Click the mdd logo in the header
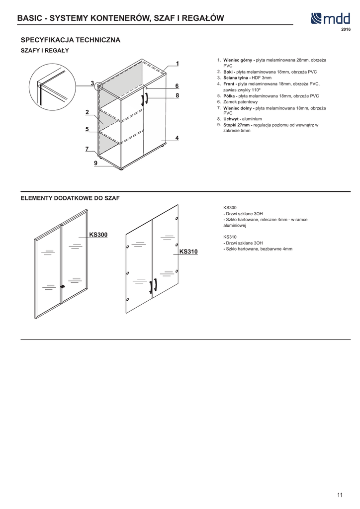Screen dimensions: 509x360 tap(331, 19)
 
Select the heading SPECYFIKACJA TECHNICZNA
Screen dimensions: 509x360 tap(70, 40)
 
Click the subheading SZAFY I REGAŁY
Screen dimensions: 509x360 tap(44, 51)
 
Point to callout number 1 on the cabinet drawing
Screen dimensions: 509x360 tap(177, 64)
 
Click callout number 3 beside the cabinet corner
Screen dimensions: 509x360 tap(92, 83)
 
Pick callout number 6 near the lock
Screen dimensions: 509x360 tap(177, 86)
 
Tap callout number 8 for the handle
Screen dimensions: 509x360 tap(177, 95)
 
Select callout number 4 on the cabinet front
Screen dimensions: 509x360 tap(177, 138)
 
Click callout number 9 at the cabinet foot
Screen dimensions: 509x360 tap(95, 162)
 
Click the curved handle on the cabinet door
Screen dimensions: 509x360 tap(146, 99)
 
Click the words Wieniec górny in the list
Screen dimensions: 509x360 tap(239, 60)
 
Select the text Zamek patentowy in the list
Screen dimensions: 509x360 tap(241, 102)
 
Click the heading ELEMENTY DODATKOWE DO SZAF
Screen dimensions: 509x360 tap(70, 198)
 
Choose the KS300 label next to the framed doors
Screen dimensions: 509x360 tap(98, 234)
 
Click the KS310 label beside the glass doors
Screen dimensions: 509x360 tap(188, 252)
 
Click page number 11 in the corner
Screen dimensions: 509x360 tap(340, 495)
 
